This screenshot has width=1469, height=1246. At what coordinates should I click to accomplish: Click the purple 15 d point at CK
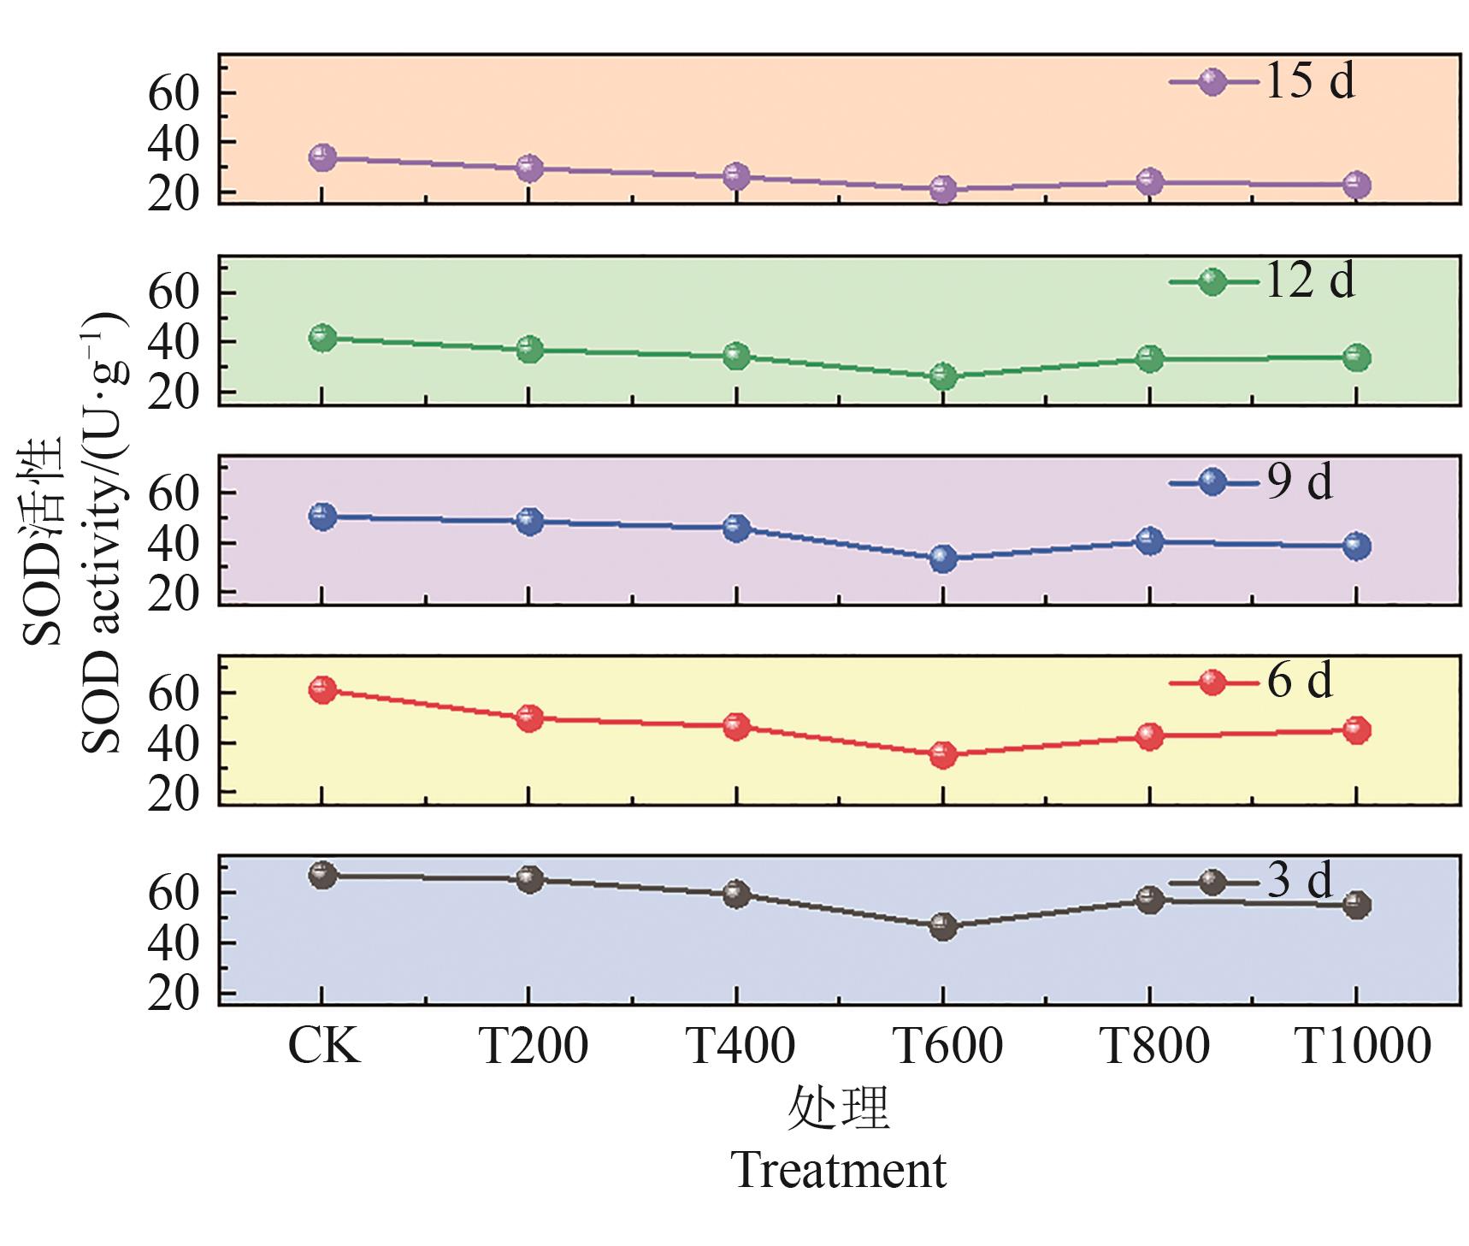pos(322,157)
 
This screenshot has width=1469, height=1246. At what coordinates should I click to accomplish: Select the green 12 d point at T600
pos(943,376)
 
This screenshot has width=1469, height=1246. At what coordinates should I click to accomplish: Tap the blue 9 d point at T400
pos(736,528)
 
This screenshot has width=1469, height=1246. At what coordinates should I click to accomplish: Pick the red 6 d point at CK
pos(322,690)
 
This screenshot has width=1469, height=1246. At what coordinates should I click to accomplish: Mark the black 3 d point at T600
pos(943,926)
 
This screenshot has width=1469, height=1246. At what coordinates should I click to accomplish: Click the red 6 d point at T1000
pos(1357,730)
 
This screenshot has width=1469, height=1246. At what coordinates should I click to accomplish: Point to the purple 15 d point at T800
pos(1150,181)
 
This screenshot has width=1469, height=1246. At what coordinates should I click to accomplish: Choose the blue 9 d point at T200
pos(529,521)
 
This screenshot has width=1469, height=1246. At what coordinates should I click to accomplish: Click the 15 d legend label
pos(1309,82)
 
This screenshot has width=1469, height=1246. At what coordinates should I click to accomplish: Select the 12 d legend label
pos(1309,281)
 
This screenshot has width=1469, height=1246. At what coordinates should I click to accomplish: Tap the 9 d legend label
pos(1300,482)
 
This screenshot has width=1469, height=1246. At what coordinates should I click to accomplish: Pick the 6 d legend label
pos(1300,682)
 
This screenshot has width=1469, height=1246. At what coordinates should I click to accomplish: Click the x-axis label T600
pos(947,1045)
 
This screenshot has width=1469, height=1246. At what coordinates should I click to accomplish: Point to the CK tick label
pos(324,1045)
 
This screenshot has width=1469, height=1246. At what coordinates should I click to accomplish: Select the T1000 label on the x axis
pos(1363,1045)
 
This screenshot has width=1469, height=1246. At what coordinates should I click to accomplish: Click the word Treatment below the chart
pos(839,1170)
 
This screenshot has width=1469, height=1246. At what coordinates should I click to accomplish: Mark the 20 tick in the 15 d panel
pos(173,193)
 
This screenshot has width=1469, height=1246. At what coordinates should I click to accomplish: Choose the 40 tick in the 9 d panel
pos(173,543)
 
